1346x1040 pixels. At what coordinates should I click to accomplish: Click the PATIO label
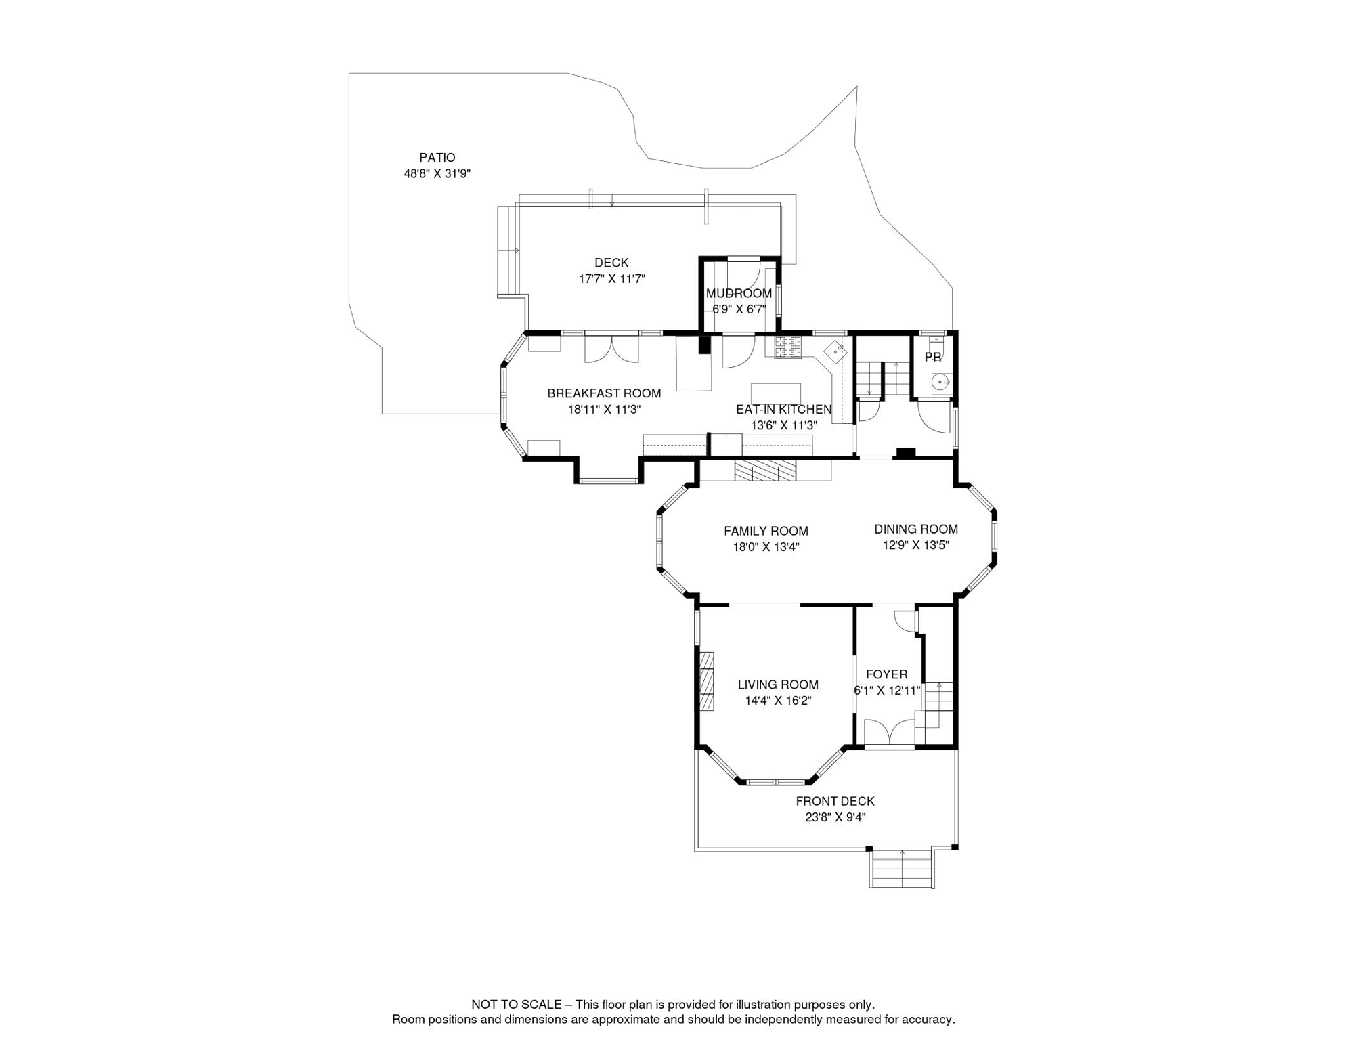[437, 158]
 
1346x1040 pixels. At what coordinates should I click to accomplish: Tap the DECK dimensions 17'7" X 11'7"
[611, 279]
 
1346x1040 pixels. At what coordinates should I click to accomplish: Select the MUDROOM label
[739, 293]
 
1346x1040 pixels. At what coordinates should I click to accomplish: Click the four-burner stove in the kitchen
[788, 347]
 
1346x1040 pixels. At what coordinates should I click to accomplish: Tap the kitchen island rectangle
[776, 393]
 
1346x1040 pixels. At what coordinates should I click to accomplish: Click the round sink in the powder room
[940, 383]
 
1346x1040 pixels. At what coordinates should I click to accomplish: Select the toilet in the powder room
[934, 340]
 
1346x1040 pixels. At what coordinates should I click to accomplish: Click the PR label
[933, 357]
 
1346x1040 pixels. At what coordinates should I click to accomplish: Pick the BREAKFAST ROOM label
[604, 393]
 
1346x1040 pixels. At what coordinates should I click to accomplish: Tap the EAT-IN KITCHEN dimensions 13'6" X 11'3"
[784, 426]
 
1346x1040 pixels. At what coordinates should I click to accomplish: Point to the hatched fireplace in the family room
[765, 470]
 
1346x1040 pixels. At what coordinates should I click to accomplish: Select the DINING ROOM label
[916, 529]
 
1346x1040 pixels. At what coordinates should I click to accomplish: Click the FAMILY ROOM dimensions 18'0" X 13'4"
[766, 548]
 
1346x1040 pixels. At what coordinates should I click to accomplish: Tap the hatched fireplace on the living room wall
[706, 681]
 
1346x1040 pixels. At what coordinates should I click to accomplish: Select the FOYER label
[886, 675]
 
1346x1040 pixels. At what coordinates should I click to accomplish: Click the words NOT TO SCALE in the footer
[517, 1005]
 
